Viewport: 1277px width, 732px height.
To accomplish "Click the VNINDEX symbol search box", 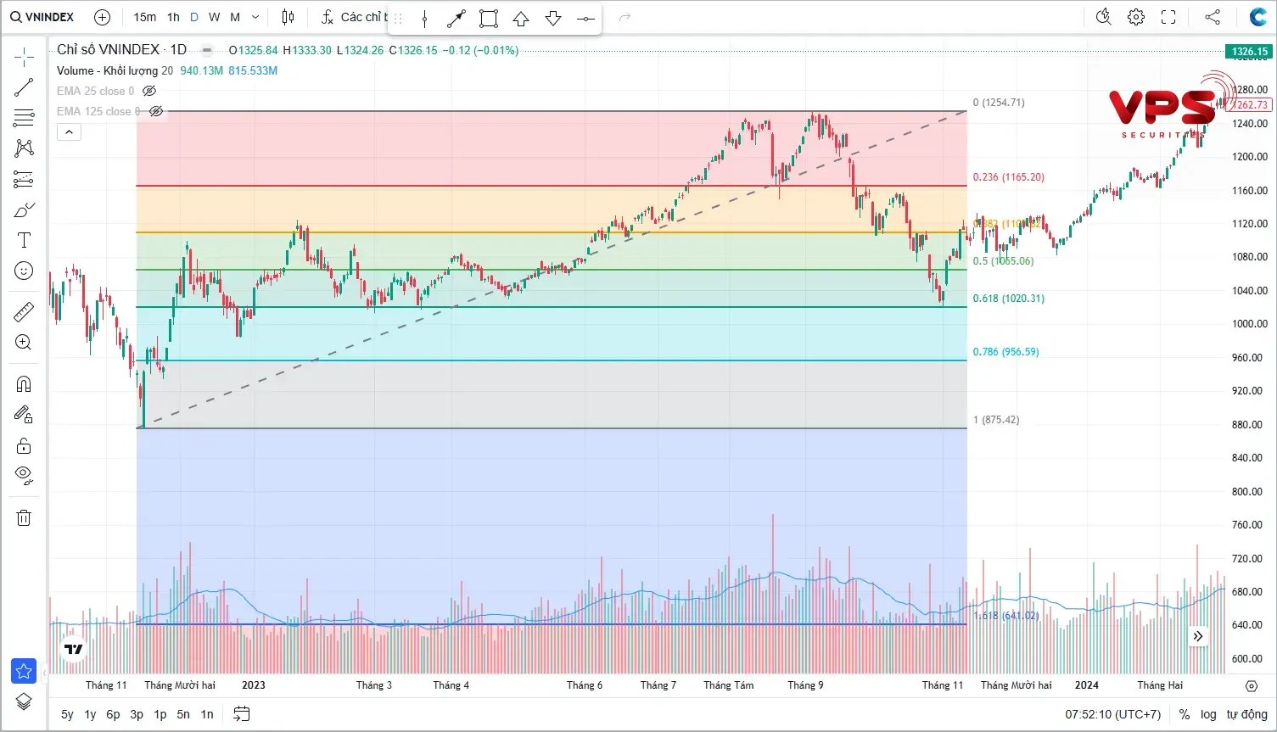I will point(42,17).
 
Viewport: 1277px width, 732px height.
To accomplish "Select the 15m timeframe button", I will point(145,17).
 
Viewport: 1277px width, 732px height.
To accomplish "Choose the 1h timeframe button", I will point(173,17).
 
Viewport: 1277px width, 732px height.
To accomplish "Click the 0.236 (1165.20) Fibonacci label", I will point(1009,177).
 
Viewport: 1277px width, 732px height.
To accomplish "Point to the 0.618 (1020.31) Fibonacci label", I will point(1009,299).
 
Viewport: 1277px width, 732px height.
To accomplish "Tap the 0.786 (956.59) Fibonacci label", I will point(1005,352).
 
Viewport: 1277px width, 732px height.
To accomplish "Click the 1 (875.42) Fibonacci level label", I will point(996,420).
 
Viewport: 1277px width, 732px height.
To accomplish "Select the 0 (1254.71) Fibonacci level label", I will point(999,103).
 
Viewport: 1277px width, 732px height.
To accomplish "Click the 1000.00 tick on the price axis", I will point(1249,324).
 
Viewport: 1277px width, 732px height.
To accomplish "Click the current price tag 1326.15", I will point(1250,52).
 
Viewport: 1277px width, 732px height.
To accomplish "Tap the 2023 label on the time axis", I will point(254,685).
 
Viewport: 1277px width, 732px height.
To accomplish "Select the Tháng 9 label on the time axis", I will point(805,685).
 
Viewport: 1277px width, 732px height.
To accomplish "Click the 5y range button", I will point(67,714).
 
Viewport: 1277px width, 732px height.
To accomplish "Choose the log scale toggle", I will point(1208,714).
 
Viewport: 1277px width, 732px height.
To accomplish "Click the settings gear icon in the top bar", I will point(1136,17).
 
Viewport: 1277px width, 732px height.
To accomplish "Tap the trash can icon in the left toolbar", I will point(24,517).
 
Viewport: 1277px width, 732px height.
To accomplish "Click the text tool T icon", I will point(24,241).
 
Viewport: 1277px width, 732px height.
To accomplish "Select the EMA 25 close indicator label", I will point(95,91).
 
